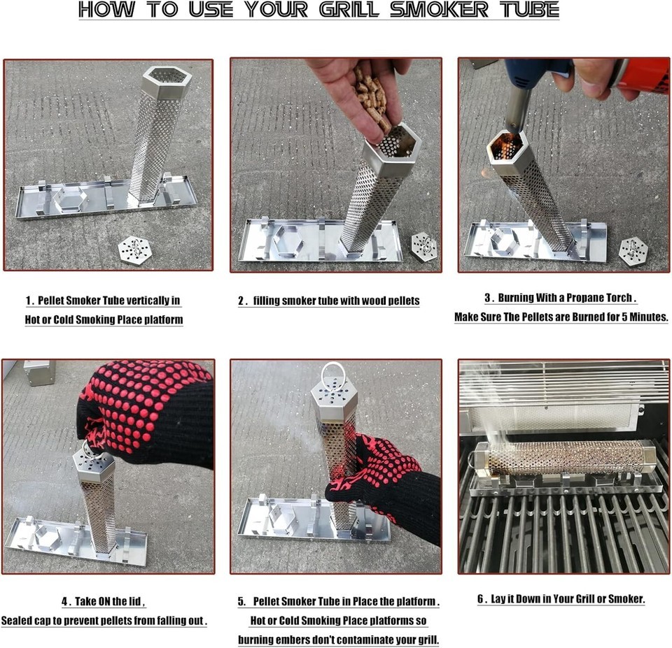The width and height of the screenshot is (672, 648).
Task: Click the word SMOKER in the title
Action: pyautogui.click(x=439, y=9)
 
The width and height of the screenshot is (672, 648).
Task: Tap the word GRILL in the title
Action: pyautogui.click(x=349, y=9)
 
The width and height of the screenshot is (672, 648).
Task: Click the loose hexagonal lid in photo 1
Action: pyautogui.click(x=136, y=250)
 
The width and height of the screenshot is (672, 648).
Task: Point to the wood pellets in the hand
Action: pyautogui.click(x=372, y=98)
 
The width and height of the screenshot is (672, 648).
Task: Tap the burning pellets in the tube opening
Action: pyautogui.click(x=507, y=146)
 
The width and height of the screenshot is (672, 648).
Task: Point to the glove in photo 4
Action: pyautogui.click(x=148, y=411)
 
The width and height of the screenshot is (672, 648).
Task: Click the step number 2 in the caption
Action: pyautogui.click(x=241, y=301)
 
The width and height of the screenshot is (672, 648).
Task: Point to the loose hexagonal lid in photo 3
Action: pyautogui.click(x=633, y=250)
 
